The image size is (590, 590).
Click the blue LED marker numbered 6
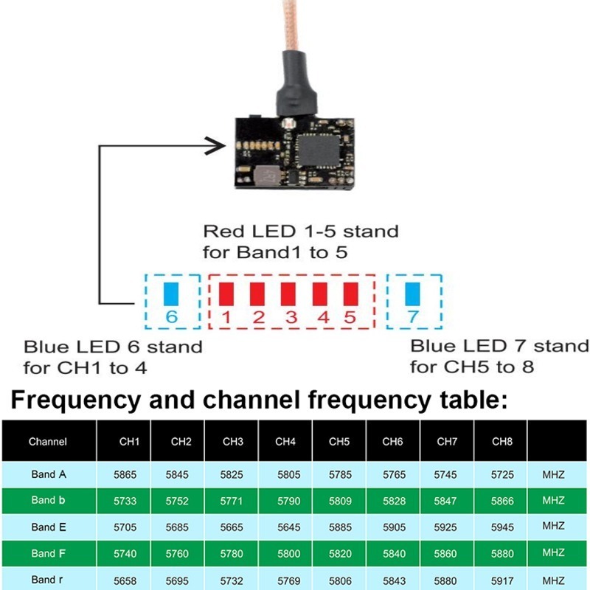pyautogui.click(x=171, y=294)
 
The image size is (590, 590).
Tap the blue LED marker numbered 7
pyautogui.click(x=412, y=294)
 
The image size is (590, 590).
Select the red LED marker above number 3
pyautogui.click(x=288, y=294)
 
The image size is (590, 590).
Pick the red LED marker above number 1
pyautogui.click(x=226, y=294)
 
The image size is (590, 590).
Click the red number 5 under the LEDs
pyautogui.click(x=350, y=317)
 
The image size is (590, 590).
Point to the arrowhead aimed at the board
pyautogui.click(x=216, y=146)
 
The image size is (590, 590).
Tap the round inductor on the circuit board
pyautogui.click(x=267, y=176)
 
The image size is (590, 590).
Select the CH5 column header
pyautogui.click(x=339, y=441)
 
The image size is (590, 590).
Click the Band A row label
pyautogui.click(x=49, y=474)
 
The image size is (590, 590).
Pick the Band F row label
pyautogui.click(x=48, y=554)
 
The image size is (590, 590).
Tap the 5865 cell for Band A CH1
pyautogui.click(x=125, y=475)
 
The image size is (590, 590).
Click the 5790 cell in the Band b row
pyautogui.click(x=288, y=502)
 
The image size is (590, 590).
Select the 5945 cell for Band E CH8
pyautogui.click(x=502, y=527)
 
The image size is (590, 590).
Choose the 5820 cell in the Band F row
pyautogui.click(x=340, y=554)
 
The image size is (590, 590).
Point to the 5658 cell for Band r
pyautogui.click(x=125, y=581)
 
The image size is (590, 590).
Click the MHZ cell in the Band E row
pyautogui.click(x=553, y=526)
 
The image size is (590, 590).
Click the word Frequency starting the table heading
pyautogui.click(x=76, y=400)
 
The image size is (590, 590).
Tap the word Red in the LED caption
pyautogui.click(x=225, y=232)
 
